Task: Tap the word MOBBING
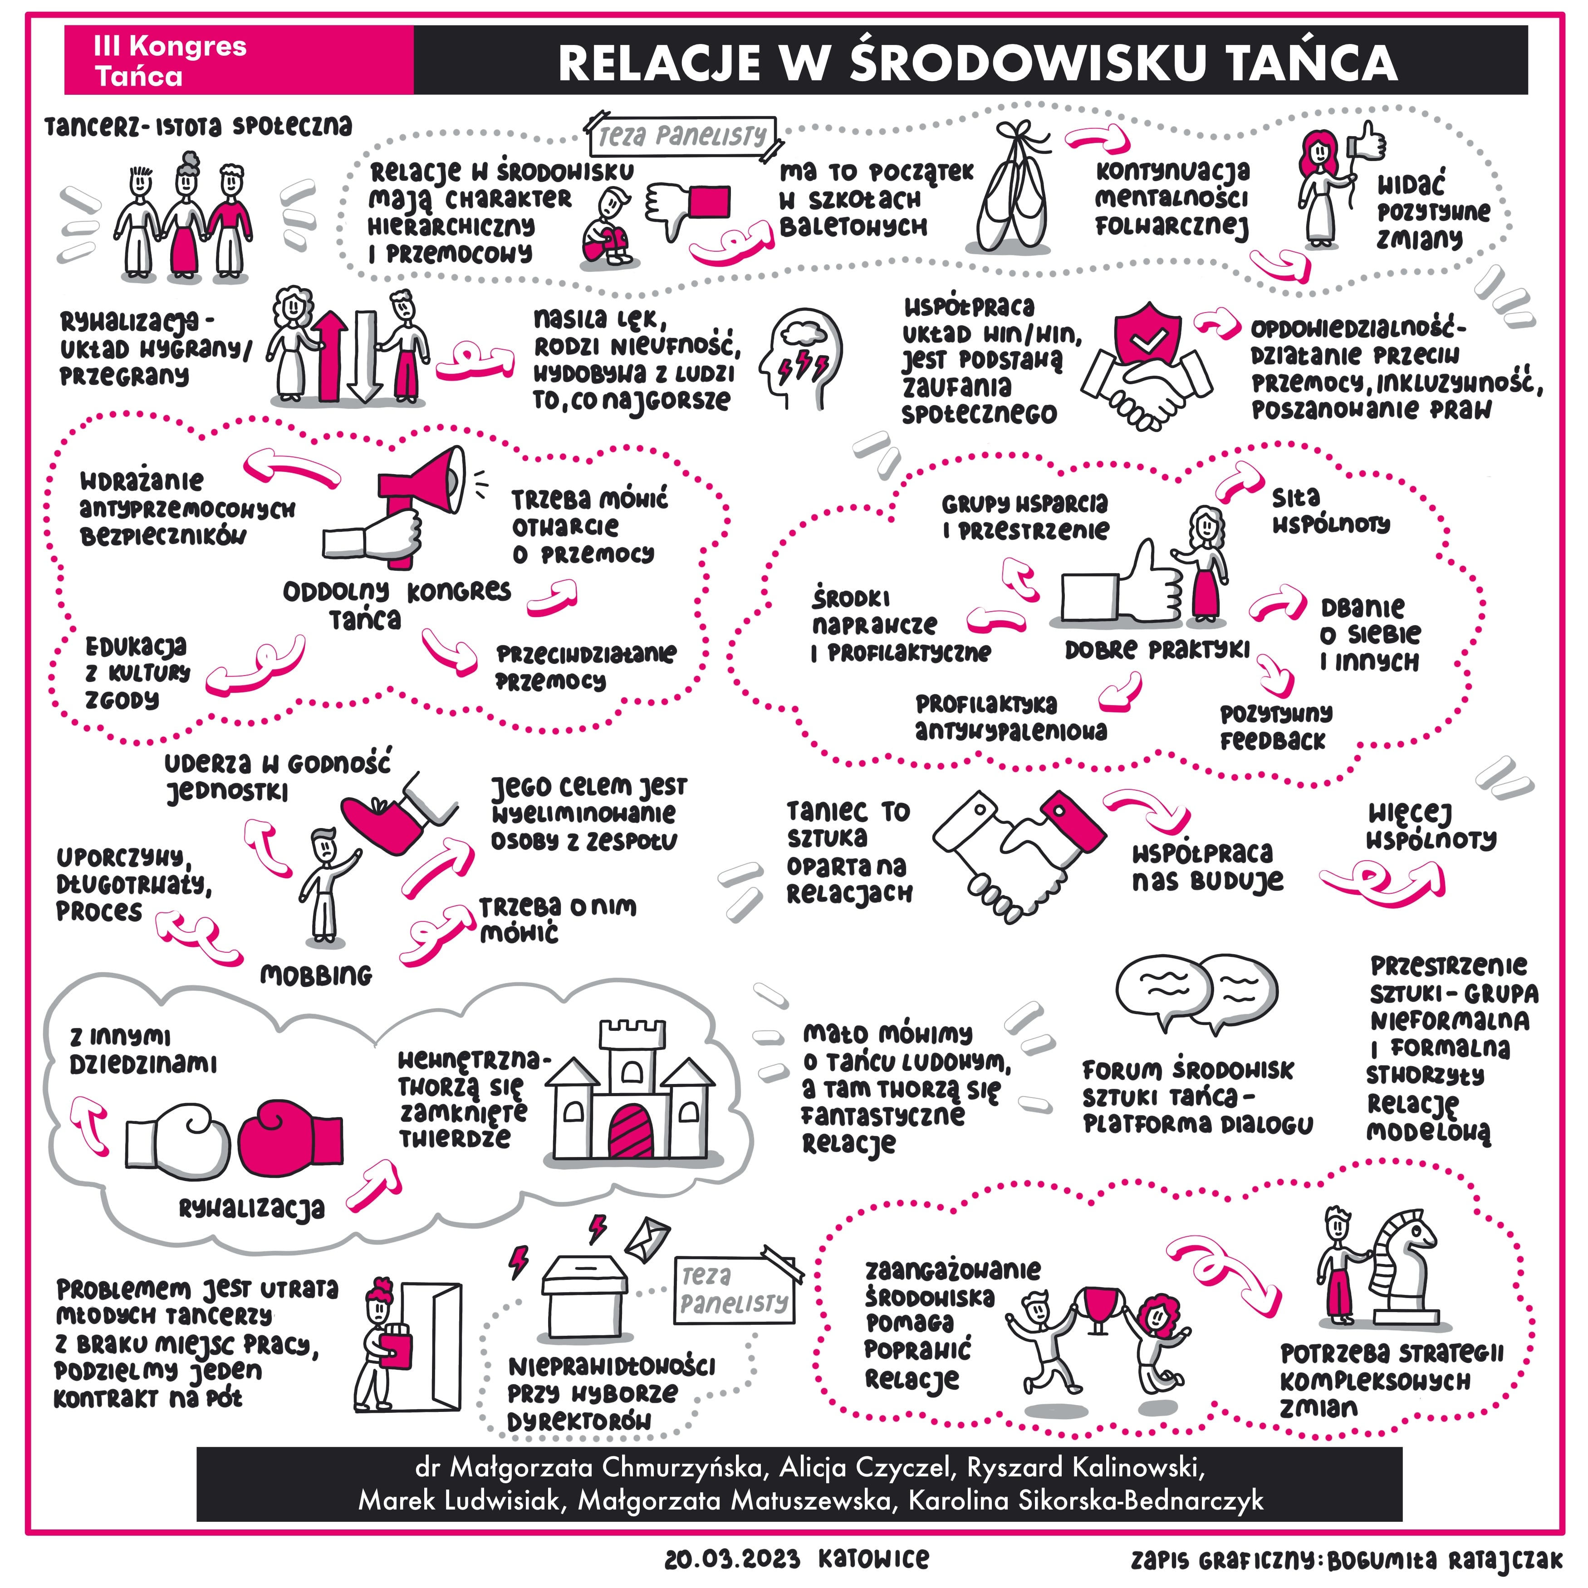point(316,975)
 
